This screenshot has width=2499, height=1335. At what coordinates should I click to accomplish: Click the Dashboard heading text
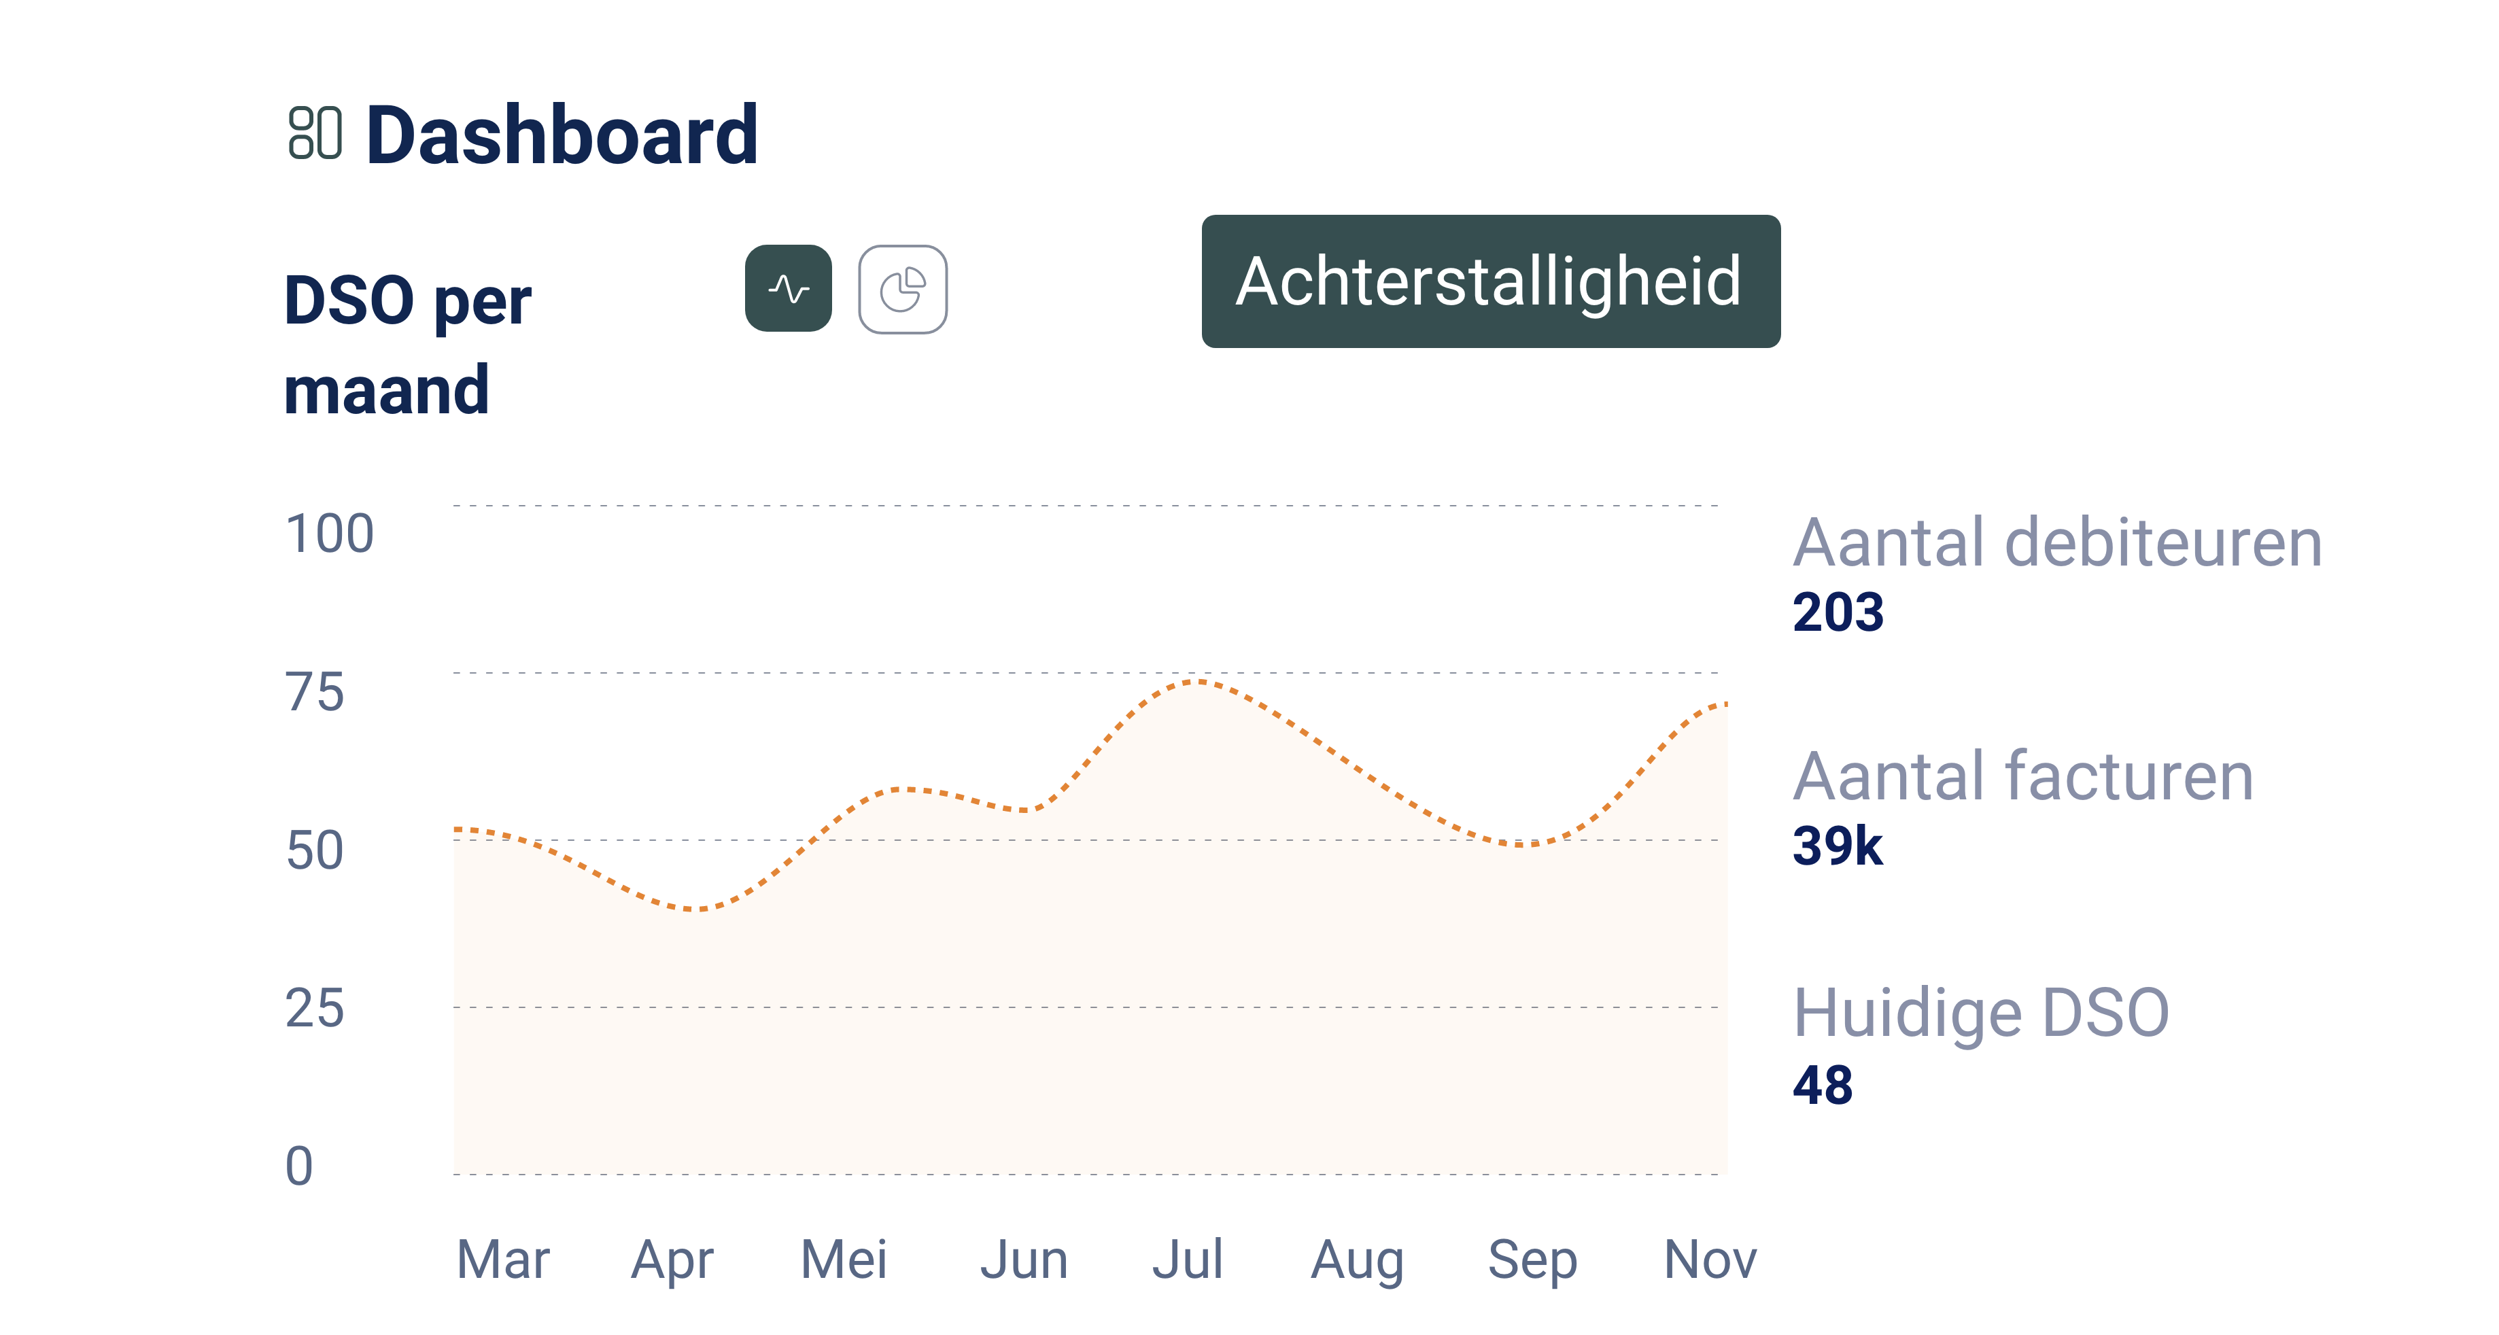tap(562, 136)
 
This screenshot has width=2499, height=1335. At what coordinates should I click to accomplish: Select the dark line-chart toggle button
tap(789, 288)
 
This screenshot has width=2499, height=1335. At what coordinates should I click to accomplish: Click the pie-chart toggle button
tap(902, 289)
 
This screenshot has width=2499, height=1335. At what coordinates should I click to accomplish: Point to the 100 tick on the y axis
tap(330, 534)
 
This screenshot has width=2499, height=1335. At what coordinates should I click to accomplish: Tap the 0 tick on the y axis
tap(300, 1166)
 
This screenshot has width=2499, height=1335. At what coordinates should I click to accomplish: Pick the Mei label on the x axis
tap(843, 1260)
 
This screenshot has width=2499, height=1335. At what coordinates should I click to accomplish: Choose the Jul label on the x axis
tap(1188, 1260)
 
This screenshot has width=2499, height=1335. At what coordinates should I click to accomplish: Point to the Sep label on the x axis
tap(1533, 1260)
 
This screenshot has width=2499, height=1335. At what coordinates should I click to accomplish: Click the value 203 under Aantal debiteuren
tap(1838, 612)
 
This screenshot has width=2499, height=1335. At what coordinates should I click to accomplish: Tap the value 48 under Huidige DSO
tap(1823, 1085)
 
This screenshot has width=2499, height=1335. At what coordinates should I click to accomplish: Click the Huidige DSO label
tap(1981, 1013)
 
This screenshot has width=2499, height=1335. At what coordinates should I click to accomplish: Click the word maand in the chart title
tap(386, 390)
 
